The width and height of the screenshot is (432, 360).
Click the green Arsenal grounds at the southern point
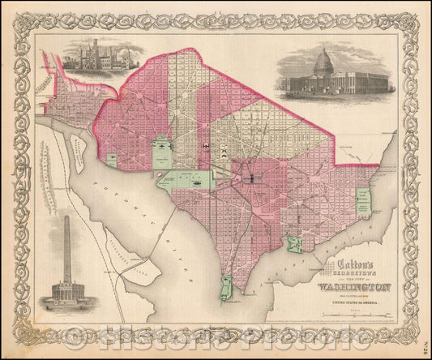tap(229, 285)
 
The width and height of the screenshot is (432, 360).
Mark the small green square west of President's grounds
tap(111, 157)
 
